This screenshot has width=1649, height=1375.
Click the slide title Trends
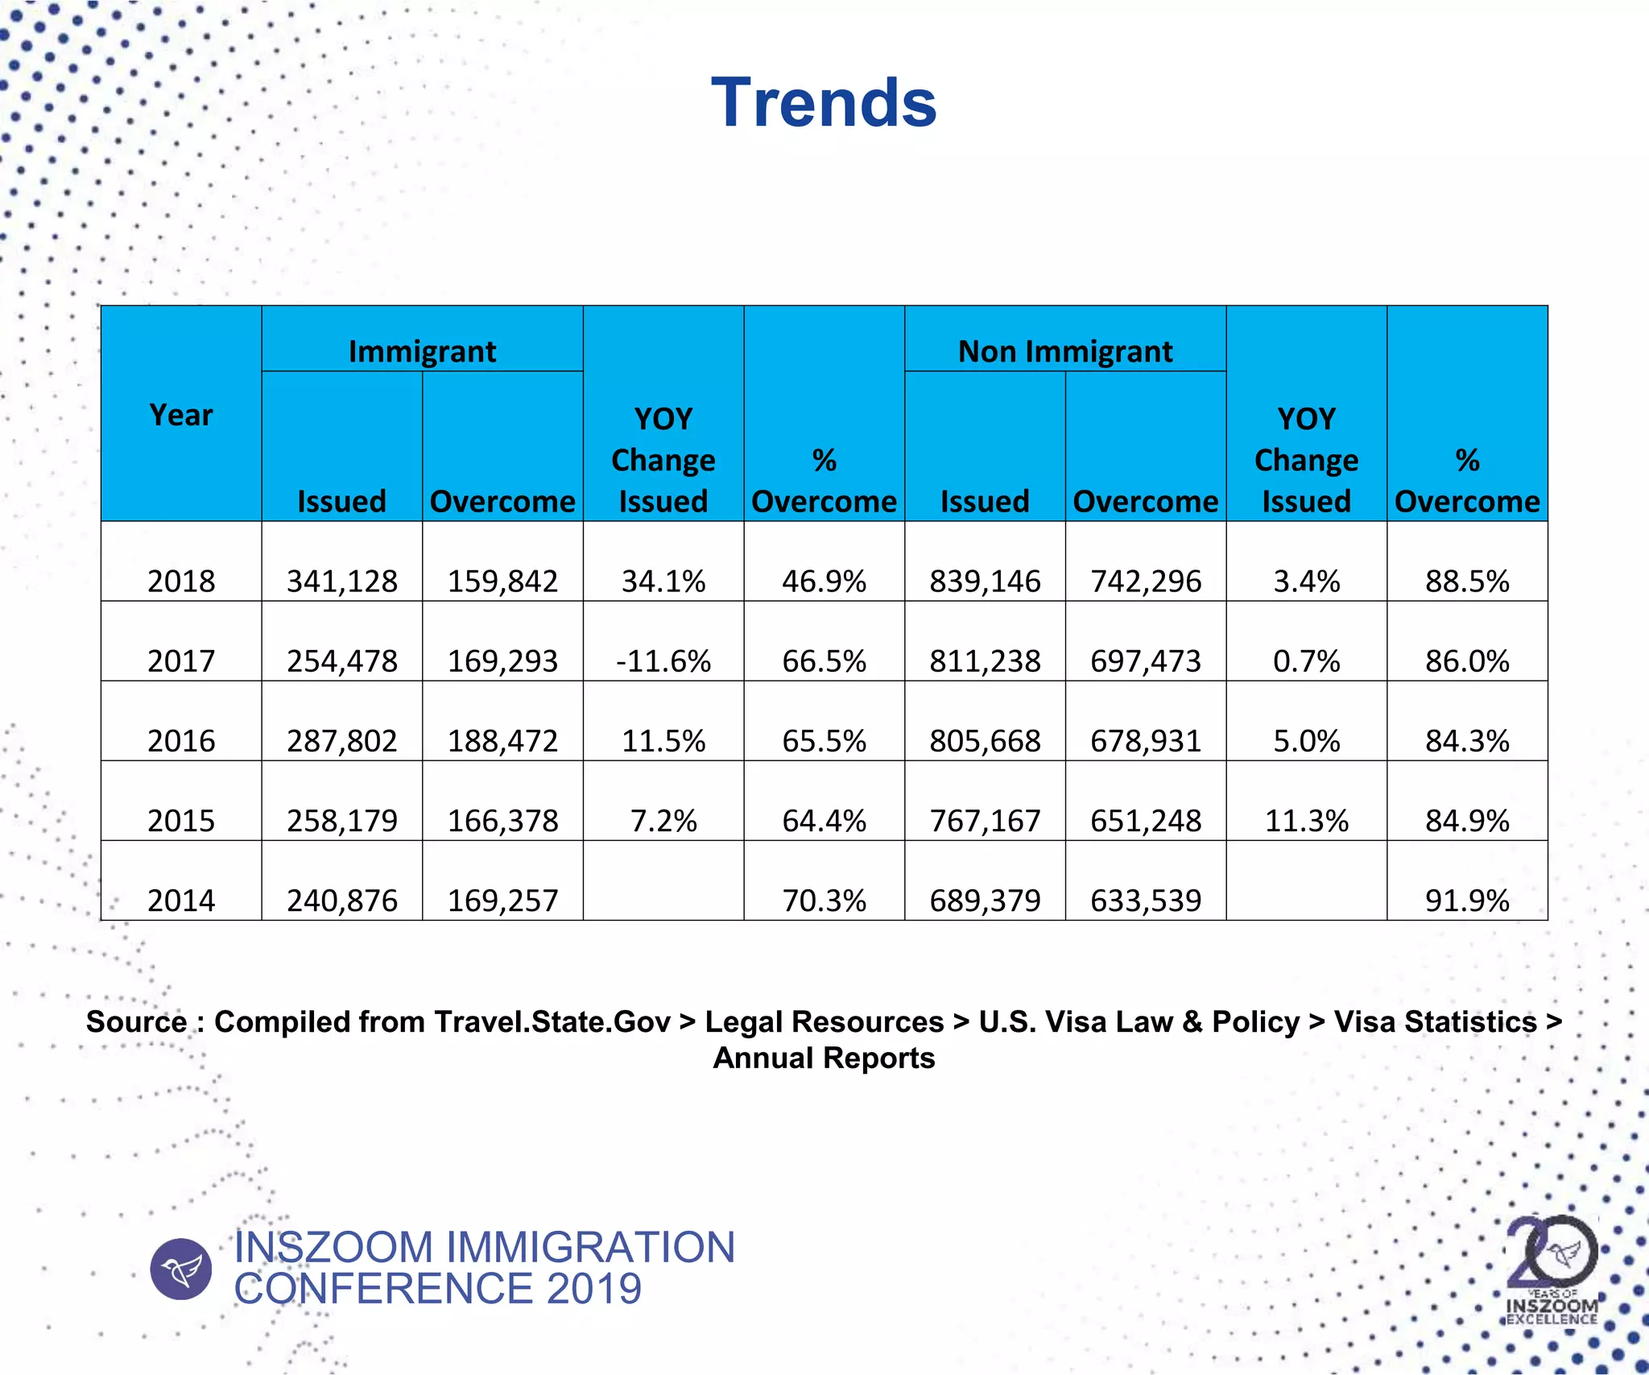coord(824,102)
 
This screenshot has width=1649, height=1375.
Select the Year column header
coord(181,415)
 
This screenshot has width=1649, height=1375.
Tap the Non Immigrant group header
coord(1064,351)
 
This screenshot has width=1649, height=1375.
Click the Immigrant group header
coord(422,351)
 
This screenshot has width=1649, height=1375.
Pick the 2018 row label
coord(181,581)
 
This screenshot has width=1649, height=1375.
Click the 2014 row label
coord(181,900)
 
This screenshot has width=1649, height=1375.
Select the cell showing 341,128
coord(342,581)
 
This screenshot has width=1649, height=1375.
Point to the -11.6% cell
coord(663,661)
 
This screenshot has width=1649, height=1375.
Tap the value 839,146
coord(985,581)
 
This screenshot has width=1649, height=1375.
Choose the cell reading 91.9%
coord(1467,900)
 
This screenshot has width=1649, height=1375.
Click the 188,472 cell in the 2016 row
coord(502,740)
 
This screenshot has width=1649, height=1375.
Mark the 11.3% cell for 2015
coord(1306,820)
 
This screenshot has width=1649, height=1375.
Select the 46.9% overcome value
coord(824,581)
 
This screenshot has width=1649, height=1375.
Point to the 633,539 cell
coord(1146,900)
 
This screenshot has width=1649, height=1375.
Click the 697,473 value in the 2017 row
coord(1146,661)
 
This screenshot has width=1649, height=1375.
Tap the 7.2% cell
coord(663,820)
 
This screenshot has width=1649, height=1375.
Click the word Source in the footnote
coord(136,1021)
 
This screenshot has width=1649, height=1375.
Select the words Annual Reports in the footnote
coord(824,1058)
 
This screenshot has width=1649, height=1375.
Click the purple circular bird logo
coord(181,1269)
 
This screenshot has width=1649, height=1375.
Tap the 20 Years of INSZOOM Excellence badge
coord(1552,1269)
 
